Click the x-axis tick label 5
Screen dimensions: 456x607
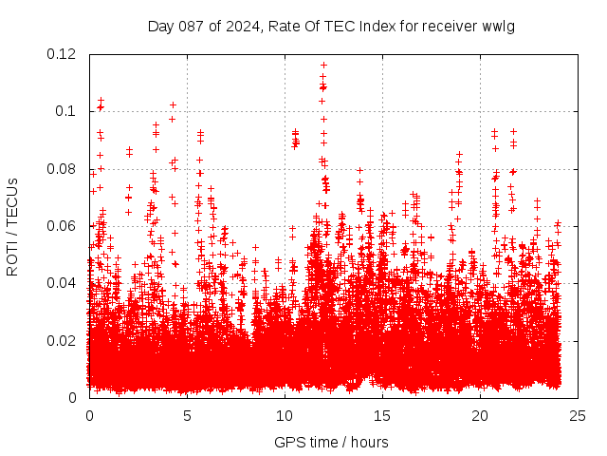click(187, 416)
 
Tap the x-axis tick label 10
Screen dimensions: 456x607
click(285, 416)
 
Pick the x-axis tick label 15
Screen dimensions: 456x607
click(382, 416)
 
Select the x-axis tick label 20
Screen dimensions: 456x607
click(480, 416)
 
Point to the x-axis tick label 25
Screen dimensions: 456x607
click(578, 416)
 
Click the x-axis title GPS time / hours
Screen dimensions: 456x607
click(331, 442)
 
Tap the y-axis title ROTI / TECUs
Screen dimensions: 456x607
click(13, 226)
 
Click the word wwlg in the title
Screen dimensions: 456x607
click(499, 26)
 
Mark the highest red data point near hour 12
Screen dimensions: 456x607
click(323, 66)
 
